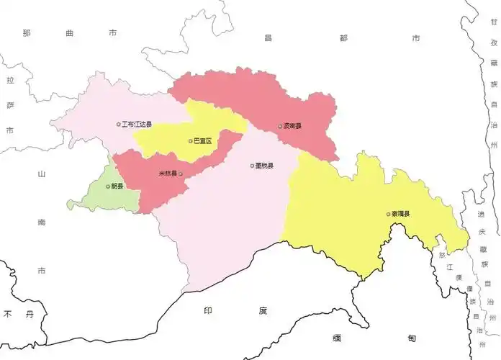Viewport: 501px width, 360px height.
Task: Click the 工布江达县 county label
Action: click(137, 125)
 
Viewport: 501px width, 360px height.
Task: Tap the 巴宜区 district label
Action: click(204, 141)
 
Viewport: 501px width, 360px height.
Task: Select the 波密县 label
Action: click(293, 126)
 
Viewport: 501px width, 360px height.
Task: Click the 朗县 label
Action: click(116, 186)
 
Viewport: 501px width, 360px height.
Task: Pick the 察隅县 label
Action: click(401, 214)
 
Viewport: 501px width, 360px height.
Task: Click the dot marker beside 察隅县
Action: click(388, 214)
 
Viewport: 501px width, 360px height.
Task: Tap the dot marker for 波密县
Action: click(281, 126)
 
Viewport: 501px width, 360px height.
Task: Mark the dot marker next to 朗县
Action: click(108, 186)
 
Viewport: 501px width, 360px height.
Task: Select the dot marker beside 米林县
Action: click(180, 174)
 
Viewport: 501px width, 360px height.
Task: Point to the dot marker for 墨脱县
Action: click(252, 166)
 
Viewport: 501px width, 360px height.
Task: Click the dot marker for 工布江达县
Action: click(119, 125)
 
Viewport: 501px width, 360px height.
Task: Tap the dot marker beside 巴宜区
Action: click(191, 141)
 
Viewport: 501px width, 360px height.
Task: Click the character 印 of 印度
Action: click(208, 310)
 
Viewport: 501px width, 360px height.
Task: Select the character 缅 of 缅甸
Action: click(336, 338)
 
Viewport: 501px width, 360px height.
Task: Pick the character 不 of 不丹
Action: click(9, 315)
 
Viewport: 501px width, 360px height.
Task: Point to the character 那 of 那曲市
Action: click(27, 33)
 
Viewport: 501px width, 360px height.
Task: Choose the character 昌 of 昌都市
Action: click(268, 37)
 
